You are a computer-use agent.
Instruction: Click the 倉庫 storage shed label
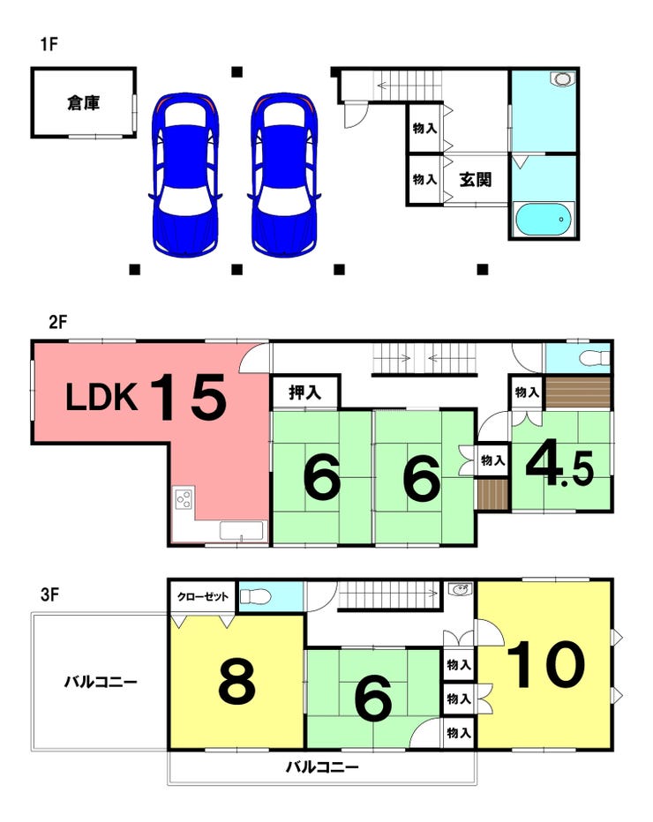[x=83, y=102]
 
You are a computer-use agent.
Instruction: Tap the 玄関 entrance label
[x=475, y=179]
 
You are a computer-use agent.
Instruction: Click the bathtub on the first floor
[x=543, y=219]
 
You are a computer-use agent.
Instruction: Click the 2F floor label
[x=57, y=322]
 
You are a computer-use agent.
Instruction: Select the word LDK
[x=101, y=399]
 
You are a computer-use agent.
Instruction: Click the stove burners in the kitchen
[x=184, y=500]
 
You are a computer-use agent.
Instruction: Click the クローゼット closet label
[x=203, y=597]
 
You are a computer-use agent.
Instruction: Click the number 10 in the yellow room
[x=546, y=664]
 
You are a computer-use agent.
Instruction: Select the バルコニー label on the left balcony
[x=100, y=681]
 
